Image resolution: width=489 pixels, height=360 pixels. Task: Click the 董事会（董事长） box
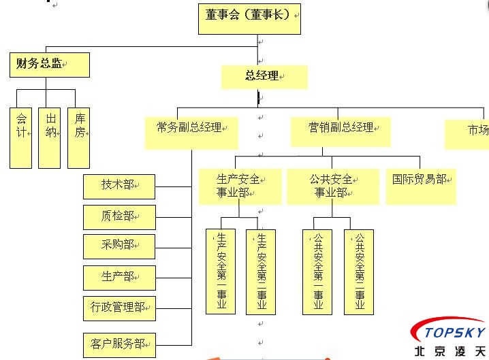point(249,18)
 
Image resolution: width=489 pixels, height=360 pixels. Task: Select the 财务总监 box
point(49,65)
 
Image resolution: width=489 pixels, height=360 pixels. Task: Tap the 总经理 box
point(264,77)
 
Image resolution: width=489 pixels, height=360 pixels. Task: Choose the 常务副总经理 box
point(191,132)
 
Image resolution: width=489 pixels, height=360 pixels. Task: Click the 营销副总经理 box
point(340,131)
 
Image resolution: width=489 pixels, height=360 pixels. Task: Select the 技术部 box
point(119,184)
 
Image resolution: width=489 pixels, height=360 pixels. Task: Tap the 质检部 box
point(119,216)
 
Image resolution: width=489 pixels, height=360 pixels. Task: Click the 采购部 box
point(119,246)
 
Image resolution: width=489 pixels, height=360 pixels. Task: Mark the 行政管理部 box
point(119,307)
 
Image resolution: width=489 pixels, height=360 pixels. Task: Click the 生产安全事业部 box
point(239,186)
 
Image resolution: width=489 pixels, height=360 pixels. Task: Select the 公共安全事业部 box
point(332,186)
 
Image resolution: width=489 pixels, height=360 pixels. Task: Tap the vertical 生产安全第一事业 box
point(221,272)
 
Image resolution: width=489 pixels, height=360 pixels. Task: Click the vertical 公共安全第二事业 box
point(359,272)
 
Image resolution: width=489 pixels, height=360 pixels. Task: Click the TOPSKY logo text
point(454,333)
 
